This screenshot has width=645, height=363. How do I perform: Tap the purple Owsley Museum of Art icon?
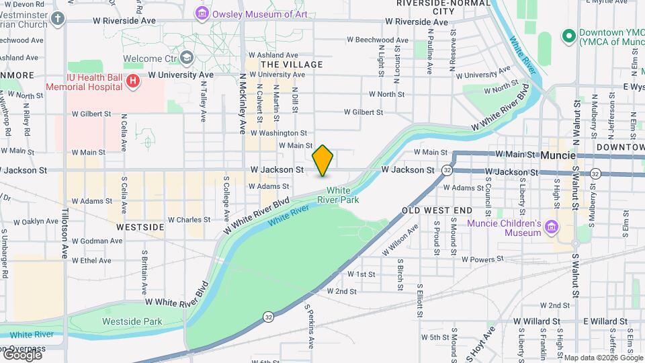[201, 13]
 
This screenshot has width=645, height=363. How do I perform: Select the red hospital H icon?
[133, 82]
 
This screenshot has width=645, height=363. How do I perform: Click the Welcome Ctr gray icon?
[187, 57]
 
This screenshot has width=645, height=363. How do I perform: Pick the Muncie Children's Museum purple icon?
[552, 228]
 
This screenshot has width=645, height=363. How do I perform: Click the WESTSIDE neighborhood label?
[140, 227]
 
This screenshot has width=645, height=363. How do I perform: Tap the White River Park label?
[343, 195]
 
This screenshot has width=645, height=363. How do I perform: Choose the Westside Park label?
[132, 321]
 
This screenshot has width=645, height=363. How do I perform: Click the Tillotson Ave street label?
[65, 237]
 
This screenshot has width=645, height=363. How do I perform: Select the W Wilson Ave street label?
[401, 241]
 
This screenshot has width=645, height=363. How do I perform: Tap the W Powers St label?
[482, 259]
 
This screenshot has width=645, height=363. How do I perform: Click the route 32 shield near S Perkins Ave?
[269, 316]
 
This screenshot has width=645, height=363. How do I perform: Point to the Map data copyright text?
[603, 358]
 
